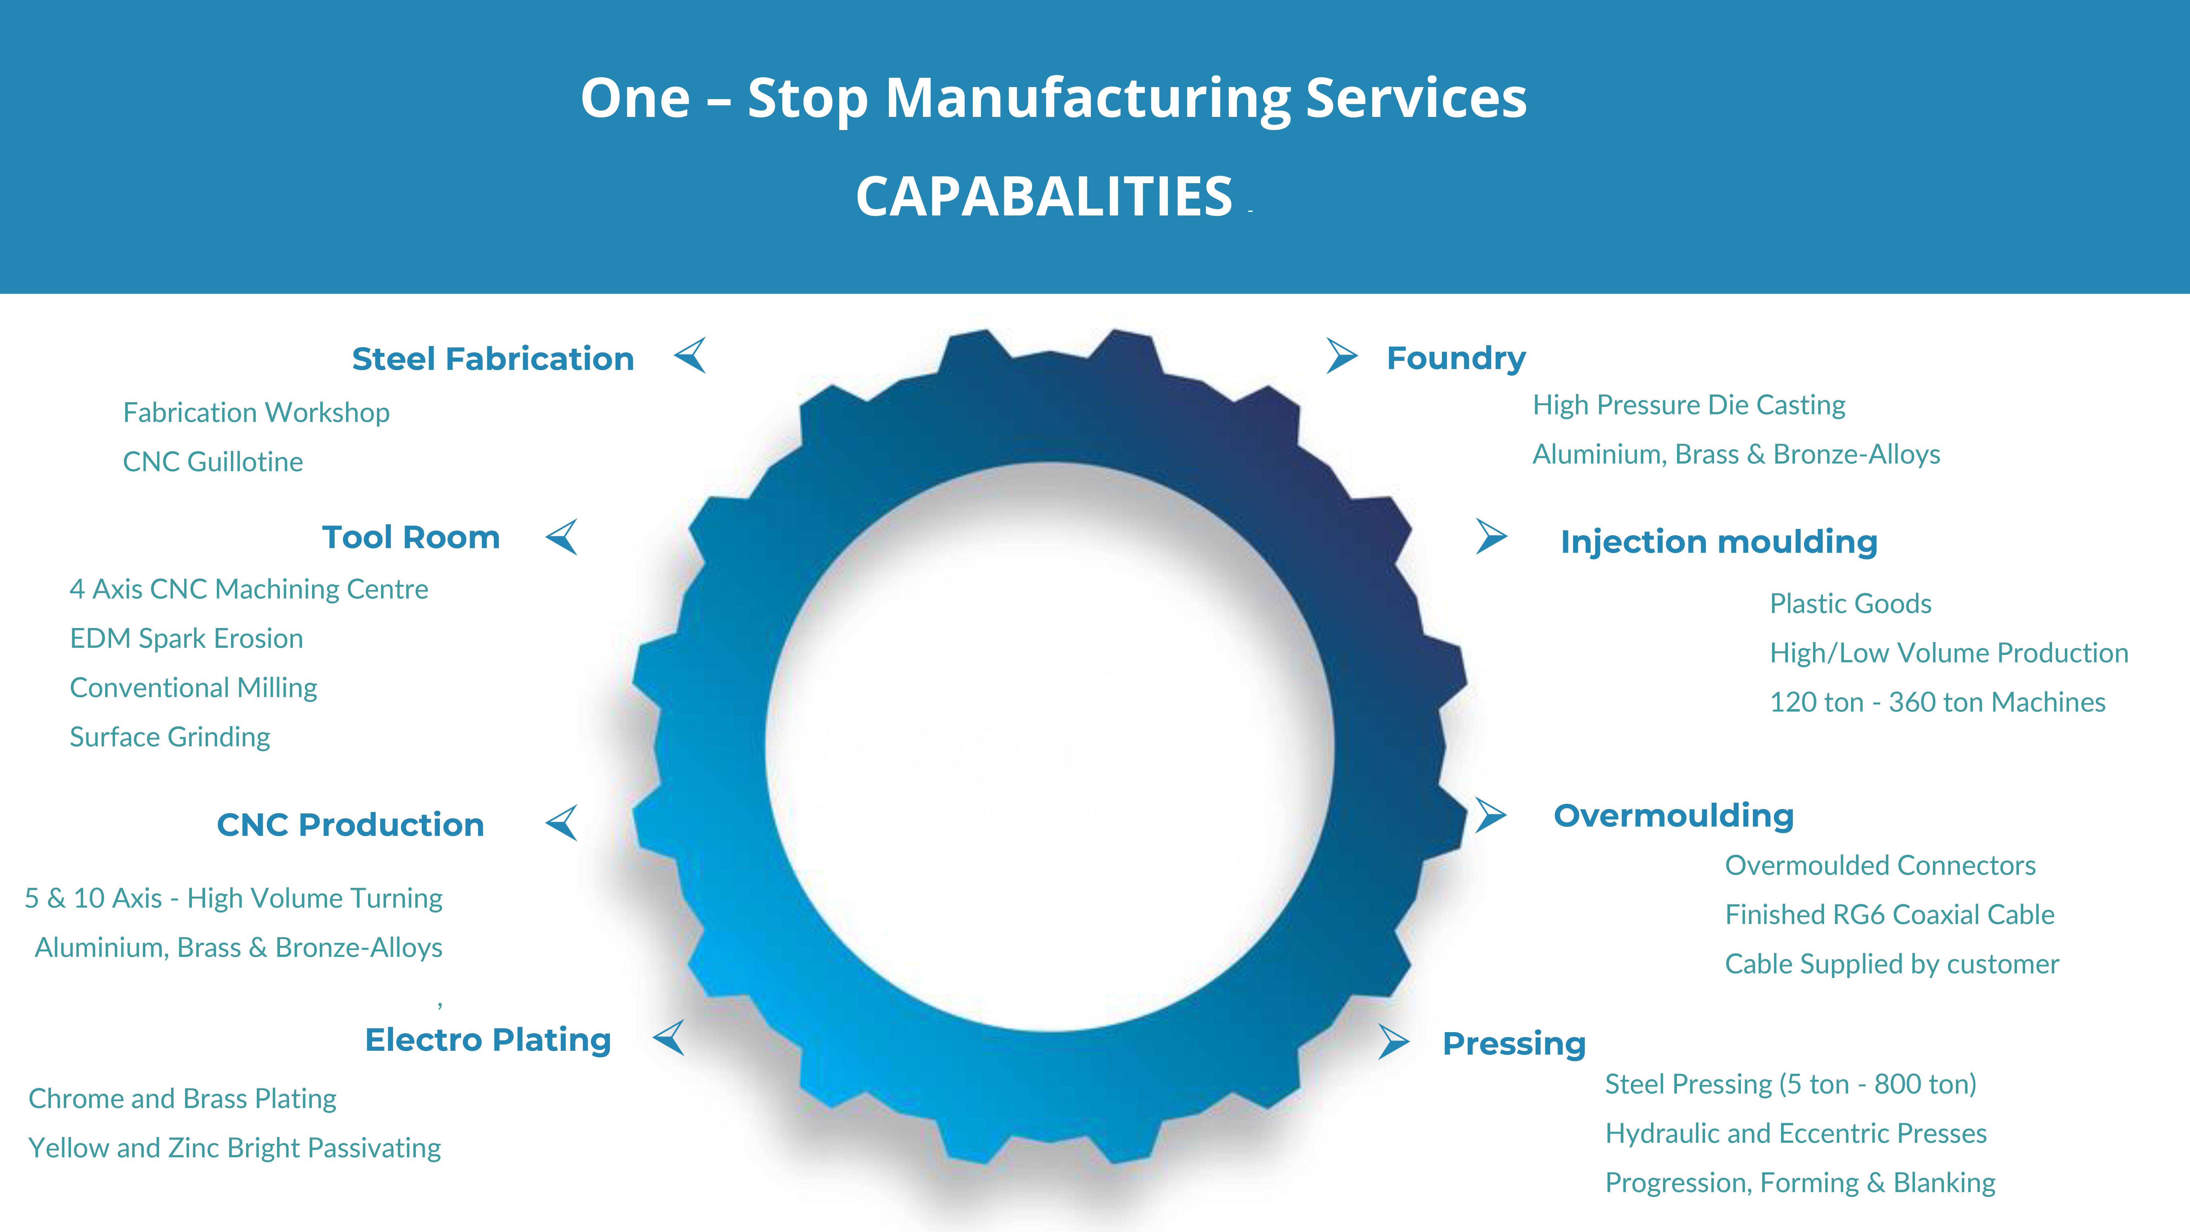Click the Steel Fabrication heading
pyautogui.click(x=493, y=359)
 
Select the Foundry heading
pyautogui.click(x=1456, y=358)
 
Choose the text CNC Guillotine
pyautogui.click(x=212, y=462)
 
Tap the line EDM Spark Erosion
pyautogui.click(x=186, y=638)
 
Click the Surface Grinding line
pyautogui.click(x=170, y=737)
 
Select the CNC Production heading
pyautogui.click(x=350, y=825)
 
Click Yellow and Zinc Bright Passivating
pyautogui.click(x=235, y=1148)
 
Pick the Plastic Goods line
pyautogui.click(x=1850, y=604)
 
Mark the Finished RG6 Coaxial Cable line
pyautogui.click(x=1889, y=915)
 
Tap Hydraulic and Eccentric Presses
pyautogui.click(x=1796, y=1133)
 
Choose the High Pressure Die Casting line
pyautogui.click(x=1688, y=405)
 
